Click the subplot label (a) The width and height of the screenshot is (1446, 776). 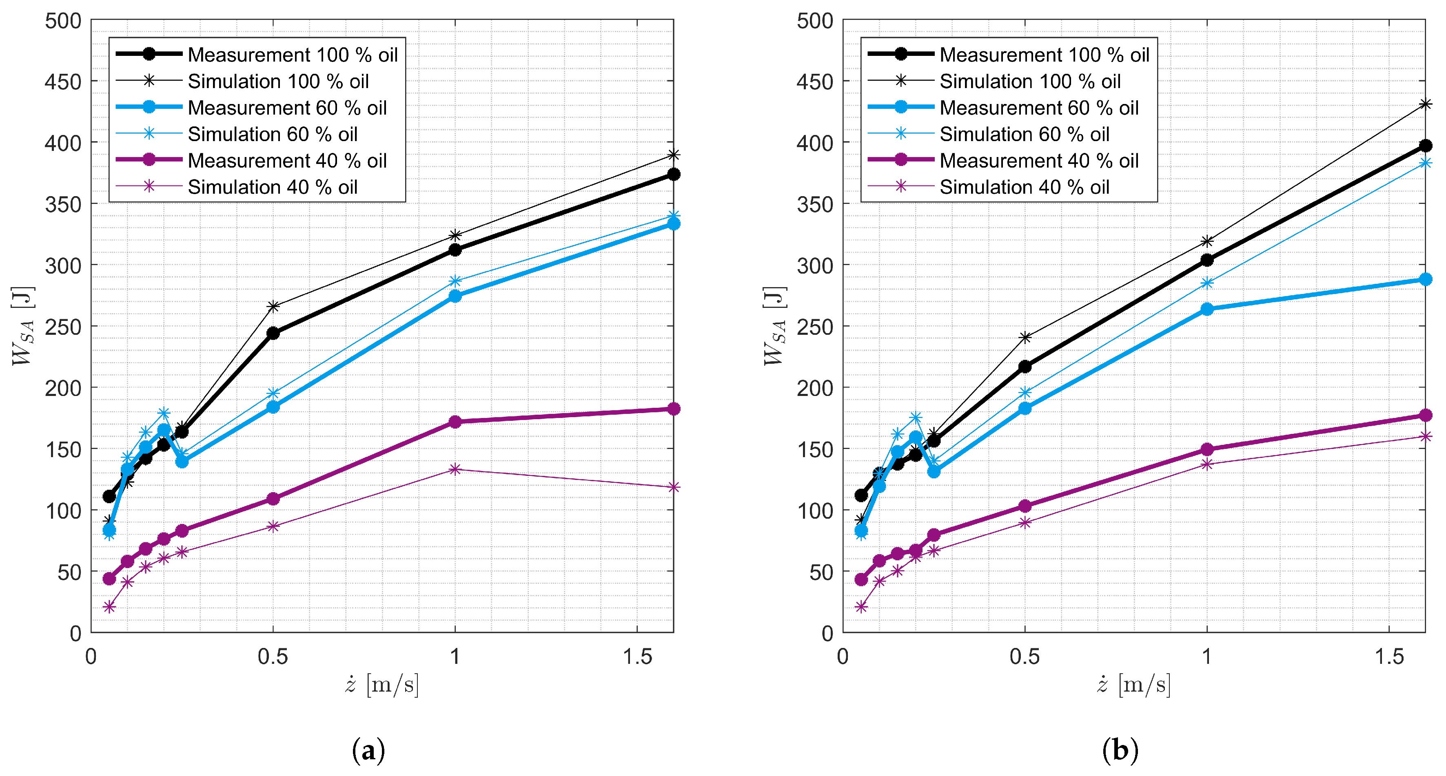tap(368, 750)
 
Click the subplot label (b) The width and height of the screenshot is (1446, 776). tap(1120, 750)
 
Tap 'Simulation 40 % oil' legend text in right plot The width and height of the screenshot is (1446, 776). tap(1025, 187)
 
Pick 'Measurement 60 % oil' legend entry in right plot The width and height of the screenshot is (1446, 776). tap(1038, 108)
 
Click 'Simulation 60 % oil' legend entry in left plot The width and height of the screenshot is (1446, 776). tap(272, 134)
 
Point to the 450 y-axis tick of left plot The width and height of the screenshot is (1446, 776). tap(63, 82)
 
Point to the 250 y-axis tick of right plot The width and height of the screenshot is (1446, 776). tap(814, 327)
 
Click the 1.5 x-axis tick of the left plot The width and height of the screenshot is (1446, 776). tap(637, 657)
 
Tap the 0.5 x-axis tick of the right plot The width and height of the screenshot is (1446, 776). tap(1025, 657)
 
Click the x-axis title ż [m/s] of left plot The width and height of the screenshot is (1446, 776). tap(382, 685)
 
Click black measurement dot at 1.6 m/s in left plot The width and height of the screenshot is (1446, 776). tap(674, 175)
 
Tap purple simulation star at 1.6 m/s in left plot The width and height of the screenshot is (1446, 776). tap(674, 487)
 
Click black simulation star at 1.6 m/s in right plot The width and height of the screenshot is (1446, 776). tap(1425, 104)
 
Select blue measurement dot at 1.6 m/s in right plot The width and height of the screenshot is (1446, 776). tap(1425, 279)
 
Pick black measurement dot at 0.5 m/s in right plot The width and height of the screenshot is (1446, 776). tap(1025, 367)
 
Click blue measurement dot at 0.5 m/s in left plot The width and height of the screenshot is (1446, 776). tap(273, 407)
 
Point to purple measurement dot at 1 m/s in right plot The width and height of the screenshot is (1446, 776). tap(1207, 449)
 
